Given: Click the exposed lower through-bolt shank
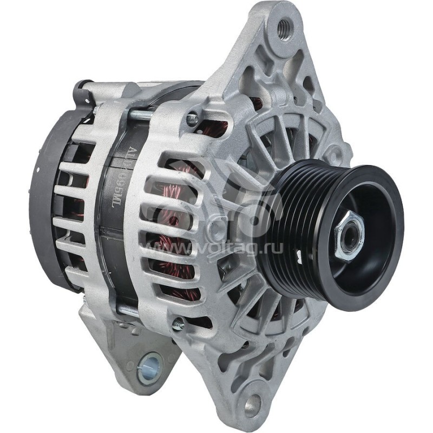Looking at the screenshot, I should (x=135, y=311).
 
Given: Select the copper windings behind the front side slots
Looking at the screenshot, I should (x=179, y=227).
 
